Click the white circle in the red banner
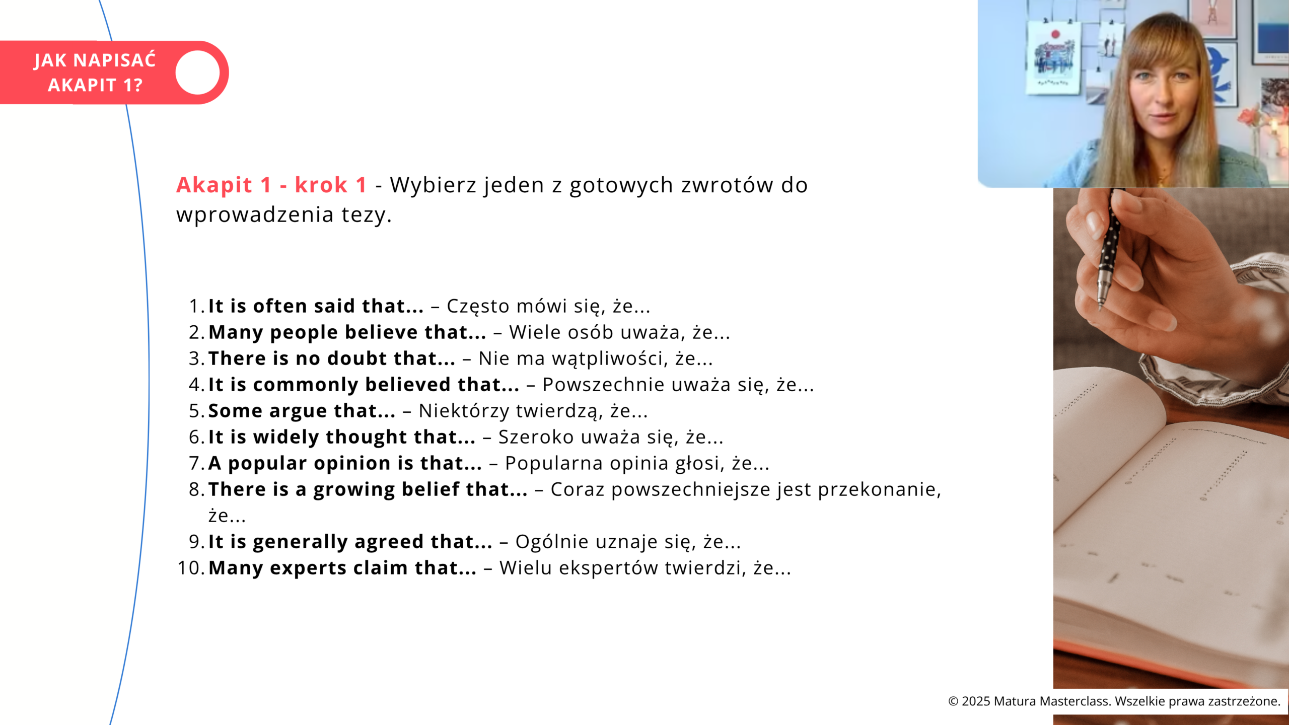click(x=197, y=72)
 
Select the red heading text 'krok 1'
click(x=331, y=185)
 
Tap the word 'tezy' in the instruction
click(x=364, y=215)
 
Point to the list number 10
click(x=190, y=568)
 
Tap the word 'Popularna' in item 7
click(x=554, y=463)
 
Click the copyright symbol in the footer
click(x=953, y=701)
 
